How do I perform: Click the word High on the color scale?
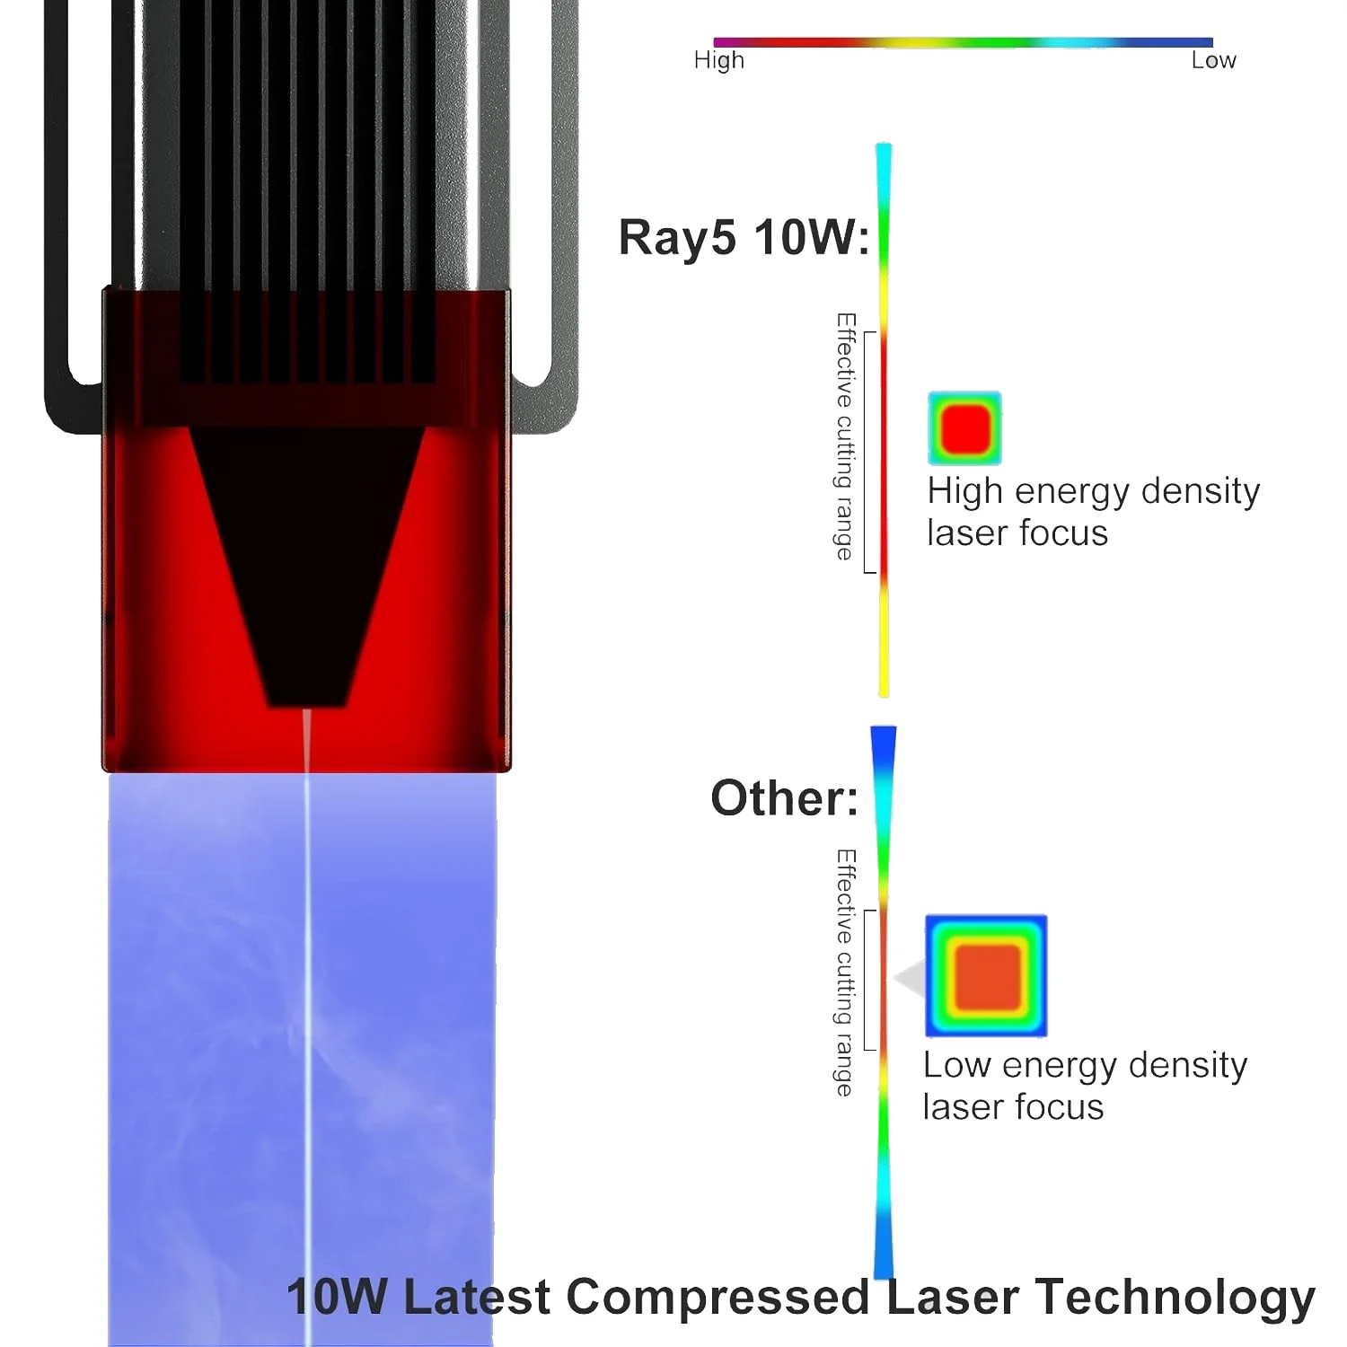(x=718, y=60)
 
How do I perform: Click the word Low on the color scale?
(x=1213, y=60)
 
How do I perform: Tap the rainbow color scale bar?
(x=963, y=42)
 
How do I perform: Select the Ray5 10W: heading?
(x=744, y=238)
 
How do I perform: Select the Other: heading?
(x=784, y=797)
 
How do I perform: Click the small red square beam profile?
(x=964, y=428)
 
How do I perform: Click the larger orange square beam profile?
(x=986, y=976)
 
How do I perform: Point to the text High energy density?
(x=1093, y=491)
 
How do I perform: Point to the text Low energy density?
(x=1085, y=1065)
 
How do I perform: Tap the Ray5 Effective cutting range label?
(x=845, y=436)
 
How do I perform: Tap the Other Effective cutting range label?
(x=845, y=973)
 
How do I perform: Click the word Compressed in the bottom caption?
(x=718, y=1297)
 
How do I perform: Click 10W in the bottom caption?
(x=337, y=1297)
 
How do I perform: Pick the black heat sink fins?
(x=305, y=180)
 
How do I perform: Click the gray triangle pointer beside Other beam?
(x=911, y=978)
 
